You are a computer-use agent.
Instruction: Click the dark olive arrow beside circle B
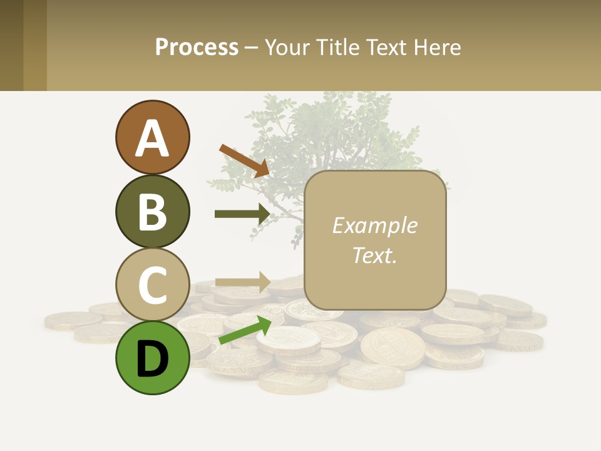pyautogui.click(x=242, y=214)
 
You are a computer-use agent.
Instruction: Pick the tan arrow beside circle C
pyautogui.click(x=242, y=282)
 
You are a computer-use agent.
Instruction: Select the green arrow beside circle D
pyautogui.click(x=245, y=331)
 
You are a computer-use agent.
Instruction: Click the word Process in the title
pyautogui.click(x=197, y=48)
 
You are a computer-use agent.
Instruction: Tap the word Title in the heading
pyautogui.click(x=337, y=48)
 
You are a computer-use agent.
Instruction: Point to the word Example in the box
pyautogui.click(x=374, y=226)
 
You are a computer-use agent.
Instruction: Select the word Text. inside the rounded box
pyautogui.click(x=374, y=255)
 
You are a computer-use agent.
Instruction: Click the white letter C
pyautogui.click(x=152, y=285)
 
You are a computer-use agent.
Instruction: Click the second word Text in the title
pyautogui.click(x=387, y=48)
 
